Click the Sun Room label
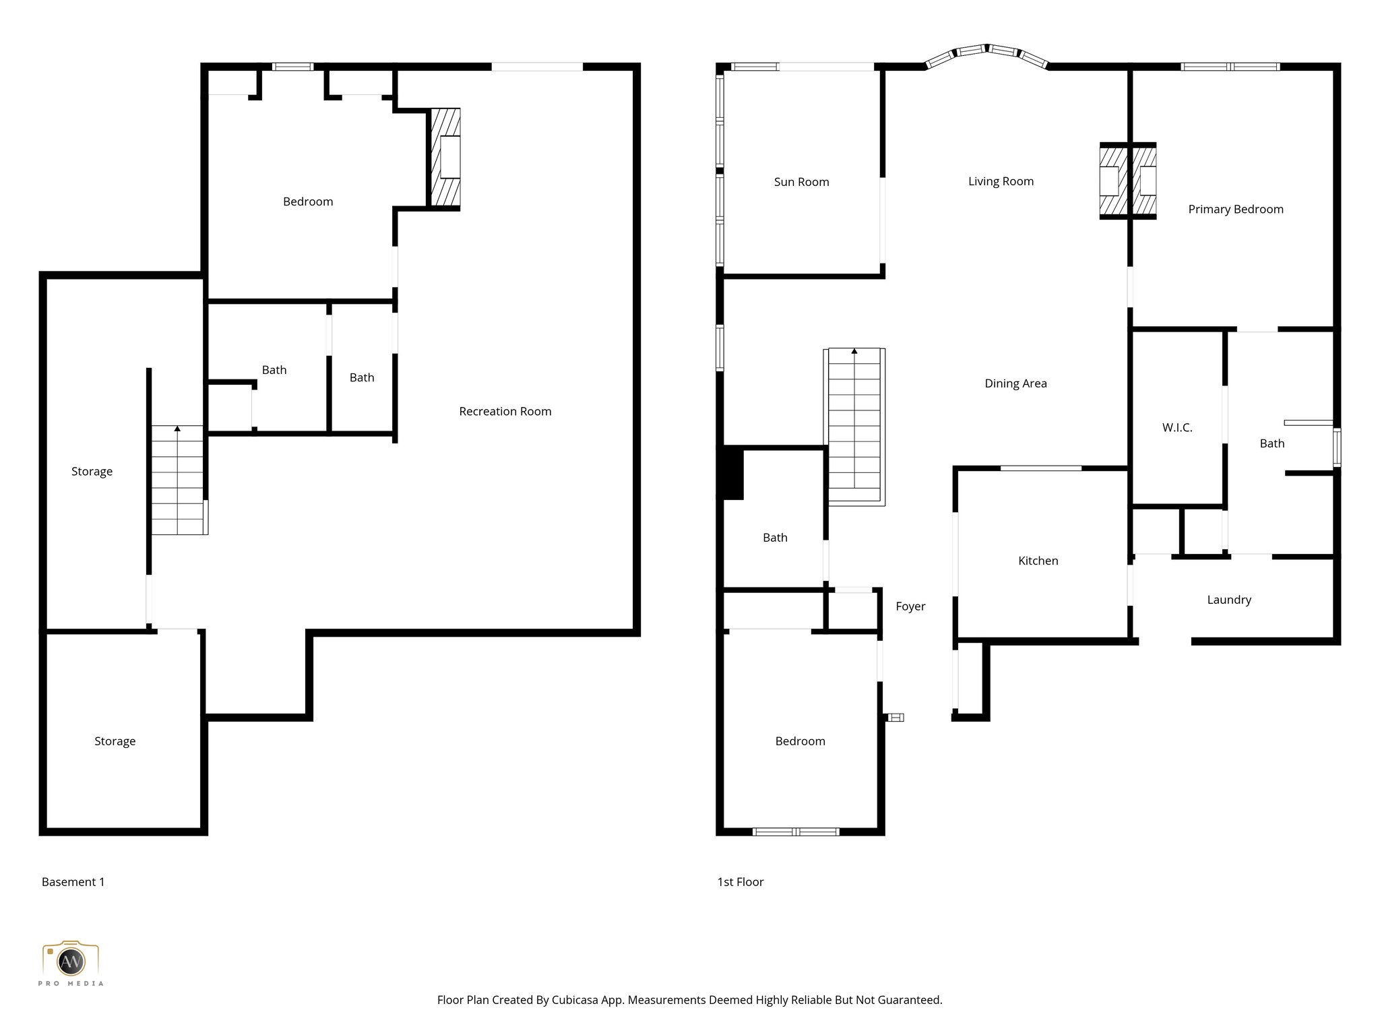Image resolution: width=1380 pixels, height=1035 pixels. click(x=801, y=182)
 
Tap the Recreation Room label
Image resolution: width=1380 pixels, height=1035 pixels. click(x=505, y=411)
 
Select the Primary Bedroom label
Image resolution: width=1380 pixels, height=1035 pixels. click(x=1235, y=209)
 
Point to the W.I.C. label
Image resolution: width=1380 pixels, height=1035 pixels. click(x=1177, y=427)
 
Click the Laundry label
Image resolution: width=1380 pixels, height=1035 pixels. click(x=1228, y=600)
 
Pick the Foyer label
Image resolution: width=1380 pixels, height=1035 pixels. click(x=910, y=606)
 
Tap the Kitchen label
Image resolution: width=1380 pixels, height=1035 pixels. click(x=1038, y=561)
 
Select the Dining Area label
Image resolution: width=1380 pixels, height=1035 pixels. click(x=1015, y=383)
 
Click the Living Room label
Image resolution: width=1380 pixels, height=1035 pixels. click(x=1000, y=181)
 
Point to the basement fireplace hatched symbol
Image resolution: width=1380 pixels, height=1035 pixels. click(x=446, y=157)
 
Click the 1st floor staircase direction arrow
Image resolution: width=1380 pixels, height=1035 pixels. click(x=854, y=351)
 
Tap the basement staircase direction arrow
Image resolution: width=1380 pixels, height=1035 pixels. click(x=177, y=429)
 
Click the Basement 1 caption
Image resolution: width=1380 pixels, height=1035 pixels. click(x=73, y=882)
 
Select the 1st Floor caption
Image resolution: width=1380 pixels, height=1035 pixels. click(x=740, y=882)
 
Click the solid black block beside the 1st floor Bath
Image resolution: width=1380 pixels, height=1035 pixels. click(x=732, y=474)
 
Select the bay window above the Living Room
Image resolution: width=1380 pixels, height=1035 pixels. click(x=987, y=53)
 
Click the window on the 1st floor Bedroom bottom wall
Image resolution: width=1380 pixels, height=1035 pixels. click(x=795, y=832)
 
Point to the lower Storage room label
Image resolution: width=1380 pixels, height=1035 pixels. click(x=115, y=741)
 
